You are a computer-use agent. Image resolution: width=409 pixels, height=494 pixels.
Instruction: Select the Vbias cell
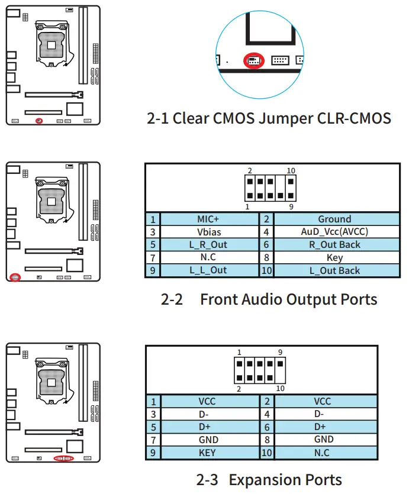pyautogui.click(x=209, y=232)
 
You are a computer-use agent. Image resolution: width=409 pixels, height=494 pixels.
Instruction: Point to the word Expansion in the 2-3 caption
pyautogui.click(x=265, y=480)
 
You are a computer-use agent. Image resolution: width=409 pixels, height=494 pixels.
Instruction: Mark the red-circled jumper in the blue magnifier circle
pyautogui.click(x=254, y=60)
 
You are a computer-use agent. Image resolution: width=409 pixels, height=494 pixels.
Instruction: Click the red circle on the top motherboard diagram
pyautogui.click(x=38, y=121)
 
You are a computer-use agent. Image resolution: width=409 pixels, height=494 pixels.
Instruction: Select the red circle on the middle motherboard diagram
pyautogui.click(x=15, y=277)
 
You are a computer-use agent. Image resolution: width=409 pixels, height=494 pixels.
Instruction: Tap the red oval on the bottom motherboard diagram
pyautogui.click(x=64, y=458)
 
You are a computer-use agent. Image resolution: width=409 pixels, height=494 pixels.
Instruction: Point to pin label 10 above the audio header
pyautogui.click(x=291, y=171)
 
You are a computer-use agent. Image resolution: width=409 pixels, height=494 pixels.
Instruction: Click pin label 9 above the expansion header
pyautogui.click(x=280, y=352)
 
